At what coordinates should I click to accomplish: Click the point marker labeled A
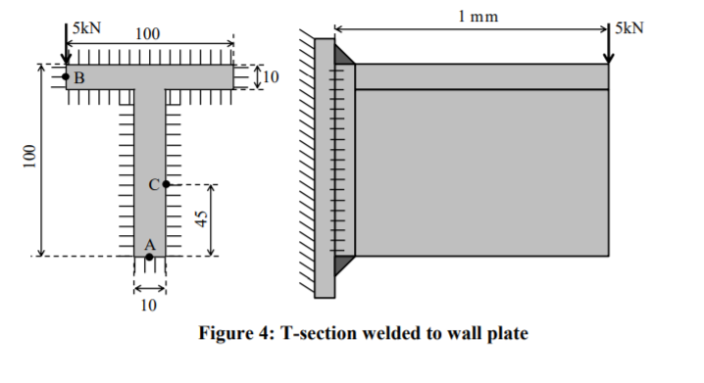[149, 257]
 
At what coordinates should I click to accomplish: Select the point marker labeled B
[66, 76]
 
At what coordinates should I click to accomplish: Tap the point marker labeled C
[166, 184]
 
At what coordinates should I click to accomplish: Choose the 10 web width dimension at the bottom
[148, 306]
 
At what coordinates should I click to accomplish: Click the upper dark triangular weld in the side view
[343, 55]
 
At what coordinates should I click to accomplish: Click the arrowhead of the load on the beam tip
[608, 59]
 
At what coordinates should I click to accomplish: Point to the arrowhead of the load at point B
[66, 61]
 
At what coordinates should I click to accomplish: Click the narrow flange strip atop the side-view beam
[480, 76]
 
